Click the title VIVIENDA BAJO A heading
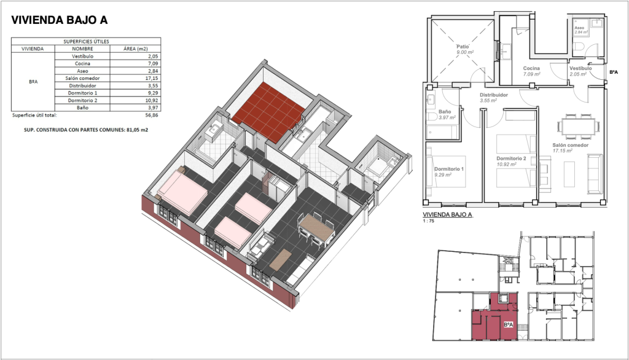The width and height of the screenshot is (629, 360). [x=60, y=20]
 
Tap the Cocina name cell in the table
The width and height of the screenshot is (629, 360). [x=82, y=63]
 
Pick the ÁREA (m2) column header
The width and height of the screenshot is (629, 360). [x=136, y=49]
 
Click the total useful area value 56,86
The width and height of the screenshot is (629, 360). [x=152, y=115]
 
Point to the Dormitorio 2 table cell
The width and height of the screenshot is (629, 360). [x=82, y=100]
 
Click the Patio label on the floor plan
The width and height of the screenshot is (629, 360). [x=463, y=47]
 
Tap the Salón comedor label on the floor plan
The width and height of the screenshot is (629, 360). [x=571, y=145]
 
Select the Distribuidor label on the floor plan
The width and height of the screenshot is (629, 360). [x=494, y=95]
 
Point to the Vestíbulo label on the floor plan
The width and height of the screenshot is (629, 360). [x=580, y=68]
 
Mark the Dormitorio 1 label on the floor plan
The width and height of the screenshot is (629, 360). [x=449, y=169]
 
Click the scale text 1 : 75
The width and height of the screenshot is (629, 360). [x=428, y=221]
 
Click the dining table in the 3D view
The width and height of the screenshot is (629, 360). [x=317, y=230]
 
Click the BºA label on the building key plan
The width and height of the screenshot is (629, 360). [x=508, y=325]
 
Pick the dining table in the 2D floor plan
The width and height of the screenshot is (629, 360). [x=578, y=126]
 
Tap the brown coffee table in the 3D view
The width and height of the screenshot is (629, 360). [x=280, y=259]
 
